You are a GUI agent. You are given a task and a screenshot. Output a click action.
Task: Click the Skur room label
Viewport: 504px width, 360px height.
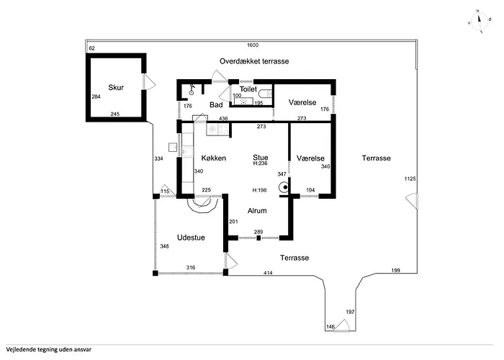116,87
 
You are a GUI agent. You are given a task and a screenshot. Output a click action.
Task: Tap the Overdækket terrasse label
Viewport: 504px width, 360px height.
254,61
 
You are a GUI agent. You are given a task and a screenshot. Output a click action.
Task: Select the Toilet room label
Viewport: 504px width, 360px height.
248,89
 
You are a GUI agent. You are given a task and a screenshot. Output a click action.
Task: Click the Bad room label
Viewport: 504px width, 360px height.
216,105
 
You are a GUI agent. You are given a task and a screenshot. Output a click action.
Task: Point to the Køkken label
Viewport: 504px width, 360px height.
214,158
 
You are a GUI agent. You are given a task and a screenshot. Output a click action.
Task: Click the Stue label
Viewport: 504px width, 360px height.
261,157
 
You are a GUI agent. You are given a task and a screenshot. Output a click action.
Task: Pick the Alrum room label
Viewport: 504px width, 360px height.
257,211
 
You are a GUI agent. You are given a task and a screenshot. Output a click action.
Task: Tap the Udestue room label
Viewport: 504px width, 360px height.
191,238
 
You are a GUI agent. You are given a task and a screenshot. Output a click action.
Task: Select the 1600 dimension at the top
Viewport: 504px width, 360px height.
253,45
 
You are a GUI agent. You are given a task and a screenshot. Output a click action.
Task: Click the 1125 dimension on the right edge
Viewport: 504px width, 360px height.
410,179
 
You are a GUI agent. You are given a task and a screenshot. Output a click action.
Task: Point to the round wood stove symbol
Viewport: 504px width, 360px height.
285,187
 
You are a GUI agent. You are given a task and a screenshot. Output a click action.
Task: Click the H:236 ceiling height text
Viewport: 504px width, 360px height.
261,163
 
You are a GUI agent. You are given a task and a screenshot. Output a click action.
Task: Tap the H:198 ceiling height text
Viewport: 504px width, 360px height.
259,190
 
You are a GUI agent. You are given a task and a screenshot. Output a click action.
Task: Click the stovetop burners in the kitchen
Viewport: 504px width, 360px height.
223,129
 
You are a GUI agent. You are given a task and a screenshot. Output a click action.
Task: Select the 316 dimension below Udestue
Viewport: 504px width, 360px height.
191,267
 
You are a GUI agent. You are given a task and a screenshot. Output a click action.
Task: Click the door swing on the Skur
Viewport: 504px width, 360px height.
149,82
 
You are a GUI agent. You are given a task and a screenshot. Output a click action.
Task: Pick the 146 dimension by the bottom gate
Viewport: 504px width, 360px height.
330,327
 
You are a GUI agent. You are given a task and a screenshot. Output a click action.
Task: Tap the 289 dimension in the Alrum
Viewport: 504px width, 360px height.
258,232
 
